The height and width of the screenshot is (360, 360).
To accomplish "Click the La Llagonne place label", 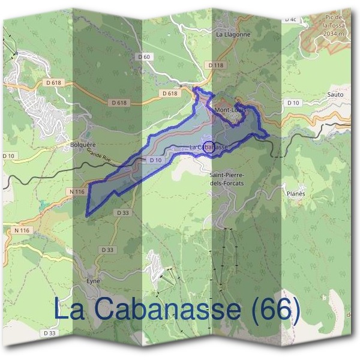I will point(233,35).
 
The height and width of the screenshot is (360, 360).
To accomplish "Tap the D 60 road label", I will point(143,56).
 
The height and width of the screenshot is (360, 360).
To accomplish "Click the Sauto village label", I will point(336,95).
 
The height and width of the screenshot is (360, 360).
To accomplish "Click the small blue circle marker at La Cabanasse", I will point(208,148).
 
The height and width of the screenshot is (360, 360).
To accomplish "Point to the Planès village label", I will point(296,194).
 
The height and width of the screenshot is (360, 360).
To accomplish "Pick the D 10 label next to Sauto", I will point(293,103).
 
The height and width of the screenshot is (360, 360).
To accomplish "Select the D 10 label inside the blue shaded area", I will point(155,160).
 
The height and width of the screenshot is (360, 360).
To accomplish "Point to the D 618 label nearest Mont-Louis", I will point(170,94).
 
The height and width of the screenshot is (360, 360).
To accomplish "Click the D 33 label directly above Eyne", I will point(107,250).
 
